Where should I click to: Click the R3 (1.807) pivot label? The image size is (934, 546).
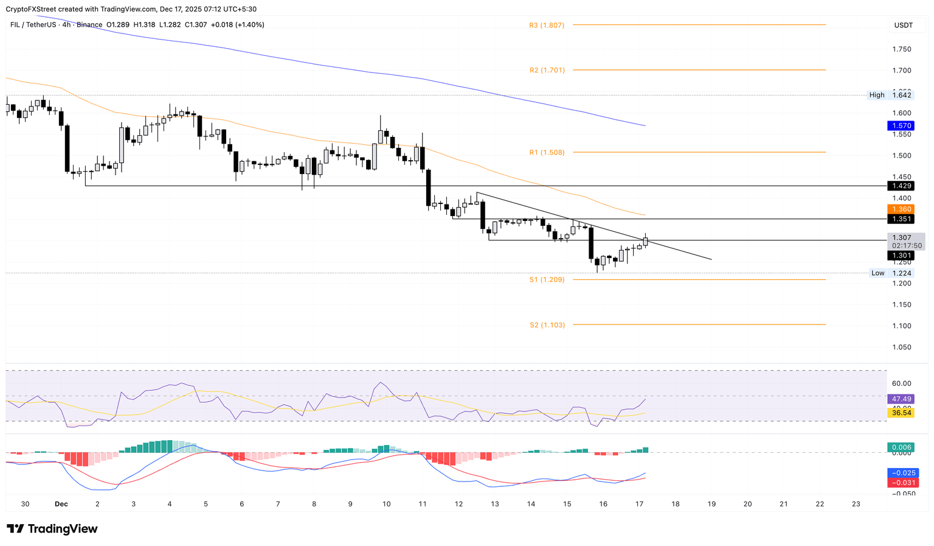tap(546, 26)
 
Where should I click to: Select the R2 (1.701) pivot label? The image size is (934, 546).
tap(547, 71)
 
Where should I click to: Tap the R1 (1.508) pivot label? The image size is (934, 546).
tap(546, 153)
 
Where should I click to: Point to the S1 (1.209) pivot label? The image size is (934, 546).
tap(546, 280)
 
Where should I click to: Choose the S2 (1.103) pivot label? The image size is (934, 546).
tap(547, 325)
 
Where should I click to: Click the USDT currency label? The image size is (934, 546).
tap(903, 26)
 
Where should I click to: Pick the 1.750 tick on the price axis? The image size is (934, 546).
tap(901, 49)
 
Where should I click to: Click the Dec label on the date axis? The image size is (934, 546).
tap(61, 504)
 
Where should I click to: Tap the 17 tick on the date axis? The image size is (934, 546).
tap(639, 504)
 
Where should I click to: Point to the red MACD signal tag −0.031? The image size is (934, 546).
tap(902, 483)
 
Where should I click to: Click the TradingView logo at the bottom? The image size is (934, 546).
tap(52, 529)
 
